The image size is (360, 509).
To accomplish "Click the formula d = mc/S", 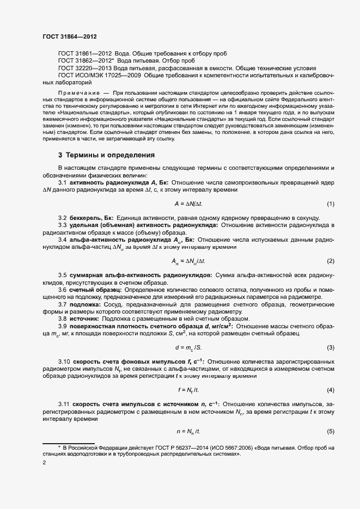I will tap(188, 347).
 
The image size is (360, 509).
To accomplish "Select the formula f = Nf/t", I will tap(188, 390).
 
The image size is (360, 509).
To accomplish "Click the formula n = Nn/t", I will tap(188, 432).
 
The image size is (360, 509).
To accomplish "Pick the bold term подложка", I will tap(86, 304).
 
